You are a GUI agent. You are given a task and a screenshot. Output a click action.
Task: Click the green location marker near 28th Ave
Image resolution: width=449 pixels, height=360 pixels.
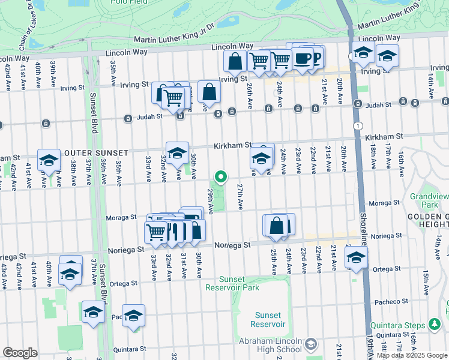(221, 176)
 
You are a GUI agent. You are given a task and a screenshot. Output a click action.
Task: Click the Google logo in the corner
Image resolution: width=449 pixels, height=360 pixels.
(19, 353)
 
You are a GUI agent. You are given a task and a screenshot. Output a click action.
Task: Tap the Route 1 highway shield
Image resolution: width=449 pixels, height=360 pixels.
(358, 125)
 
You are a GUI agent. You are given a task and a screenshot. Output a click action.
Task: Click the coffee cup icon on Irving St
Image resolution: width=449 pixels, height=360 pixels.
(303, 58)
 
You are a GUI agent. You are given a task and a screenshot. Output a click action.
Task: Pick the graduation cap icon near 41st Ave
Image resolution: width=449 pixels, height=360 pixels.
(49, 160)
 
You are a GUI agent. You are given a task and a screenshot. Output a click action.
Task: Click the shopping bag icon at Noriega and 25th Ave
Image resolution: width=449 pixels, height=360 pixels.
(277, 226)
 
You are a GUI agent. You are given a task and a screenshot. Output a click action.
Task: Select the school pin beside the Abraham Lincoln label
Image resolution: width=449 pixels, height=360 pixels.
(310, 344)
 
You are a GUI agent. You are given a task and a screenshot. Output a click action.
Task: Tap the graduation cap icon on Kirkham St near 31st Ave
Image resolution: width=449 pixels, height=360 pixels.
(177, 154)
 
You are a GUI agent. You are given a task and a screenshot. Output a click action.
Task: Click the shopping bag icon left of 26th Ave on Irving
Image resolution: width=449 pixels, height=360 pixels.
(235, 61)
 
